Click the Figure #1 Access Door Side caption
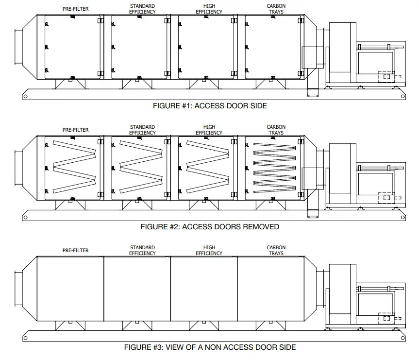[210, 105]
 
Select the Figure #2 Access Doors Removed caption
[210, 226]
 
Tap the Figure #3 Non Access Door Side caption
[210, 347]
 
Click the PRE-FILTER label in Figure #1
[75, 9]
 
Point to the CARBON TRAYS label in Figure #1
[276, 9]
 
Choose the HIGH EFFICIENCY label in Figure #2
[209, 130]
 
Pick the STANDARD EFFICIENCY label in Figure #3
[142, 250]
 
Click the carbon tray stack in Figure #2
[275, 168]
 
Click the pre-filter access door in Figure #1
[73, 47]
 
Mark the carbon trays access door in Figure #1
[274, 47]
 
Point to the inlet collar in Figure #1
[19, 47]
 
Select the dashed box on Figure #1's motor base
[387, 77]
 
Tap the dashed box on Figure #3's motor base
[387, 318]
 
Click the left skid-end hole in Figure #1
[25, 96]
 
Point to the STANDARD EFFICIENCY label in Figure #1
[142, 9]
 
